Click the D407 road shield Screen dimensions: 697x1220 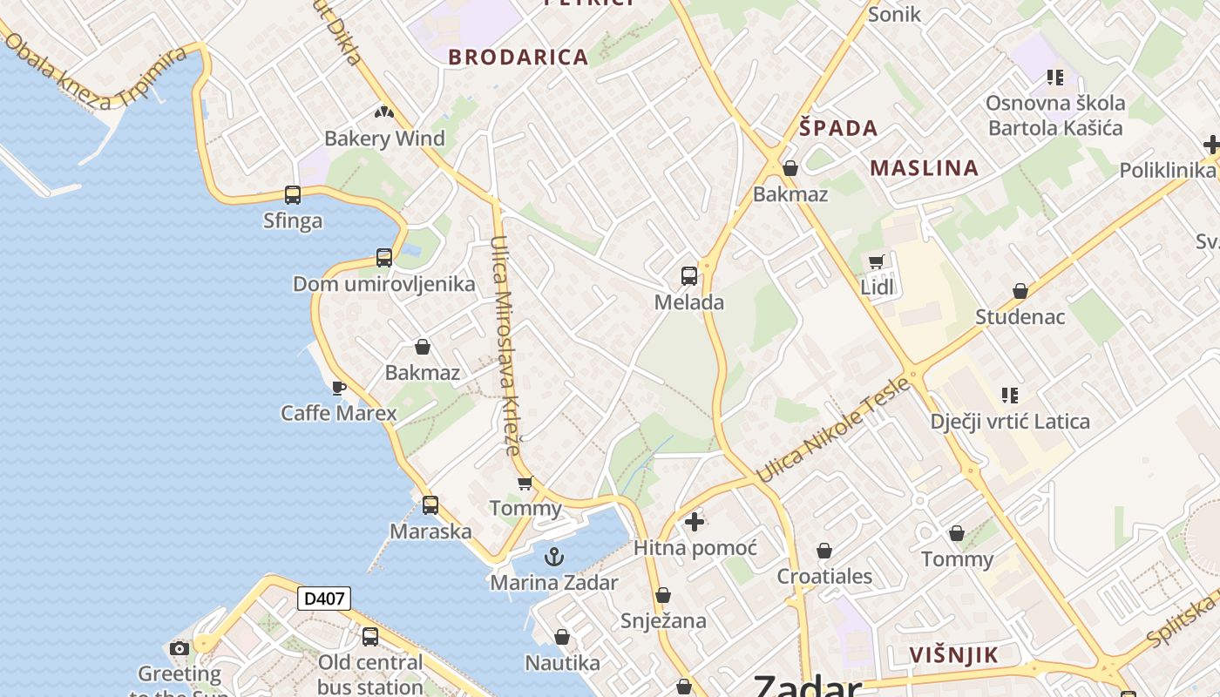tap(324, 599)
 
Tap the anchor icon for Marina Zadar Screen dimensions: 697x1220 tap(554, 556)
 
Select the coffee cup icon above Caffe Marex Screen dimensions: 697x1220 tap(339, 388)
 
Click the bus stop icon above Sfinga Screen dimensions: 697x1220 tap(293, 195)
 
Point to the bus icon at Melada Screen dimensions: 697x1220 tap(689, 276)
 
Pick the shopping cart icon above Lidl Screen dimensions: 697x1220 tap(877, 261)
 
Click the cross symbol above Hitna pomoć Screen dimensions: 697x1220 tap(695, 522)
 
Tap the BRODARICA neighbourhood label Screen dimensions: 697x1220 tap(518, 58)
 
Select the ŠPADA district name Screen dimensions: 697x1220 tap(838, 128)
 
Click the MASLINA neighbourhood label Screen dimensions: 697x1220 tap(925, 167)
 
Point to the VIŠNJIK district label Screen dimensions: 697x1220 tap(953, 655)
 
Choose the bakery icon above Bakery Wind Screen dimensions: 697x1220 tap(384, 112)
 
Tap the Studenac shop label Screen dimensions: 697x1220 tap(1020, 316)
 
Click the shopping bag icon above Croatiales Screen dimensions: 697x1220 tap(824, 551)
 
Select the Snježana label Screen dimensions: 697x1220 tap(663, 621)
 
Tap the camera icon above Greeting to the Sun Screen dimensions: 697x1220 tap(180, 648)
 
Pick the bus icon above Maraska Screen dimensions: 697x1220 tap(430, 505)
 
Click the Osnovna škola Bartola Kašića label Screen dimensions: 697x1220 tap(1055, 115)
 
